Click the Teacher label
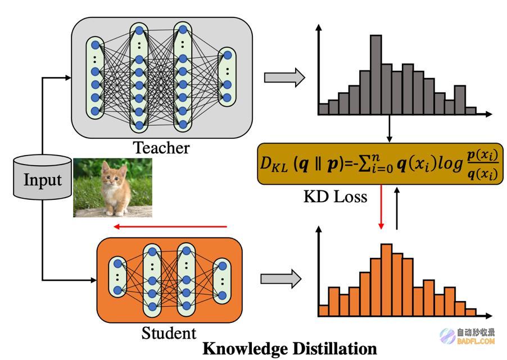click(161, 148)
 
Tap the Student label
click(169, 333)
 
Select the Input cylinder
click(42, 177)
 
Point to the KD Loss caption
click(336, 197)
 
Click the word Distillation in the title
click(334, 349)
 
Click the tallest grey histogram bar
click(375, 75)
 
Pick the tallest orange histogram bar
click(386, 280)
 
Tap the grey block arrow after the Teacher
click(284, 78)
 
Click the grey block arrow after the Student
click(281, 278)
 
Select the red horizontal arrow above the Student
click(170, 226)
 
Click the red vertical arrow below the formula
click(381, 207)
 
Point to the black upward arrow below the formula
click(397, 208)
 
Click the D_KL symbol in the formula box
click(274, 164)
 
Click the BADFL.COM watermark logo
click(468, 336)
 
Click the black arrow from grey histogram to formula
click(390, 129)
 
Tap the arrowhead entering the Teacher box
click(68, 78)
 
